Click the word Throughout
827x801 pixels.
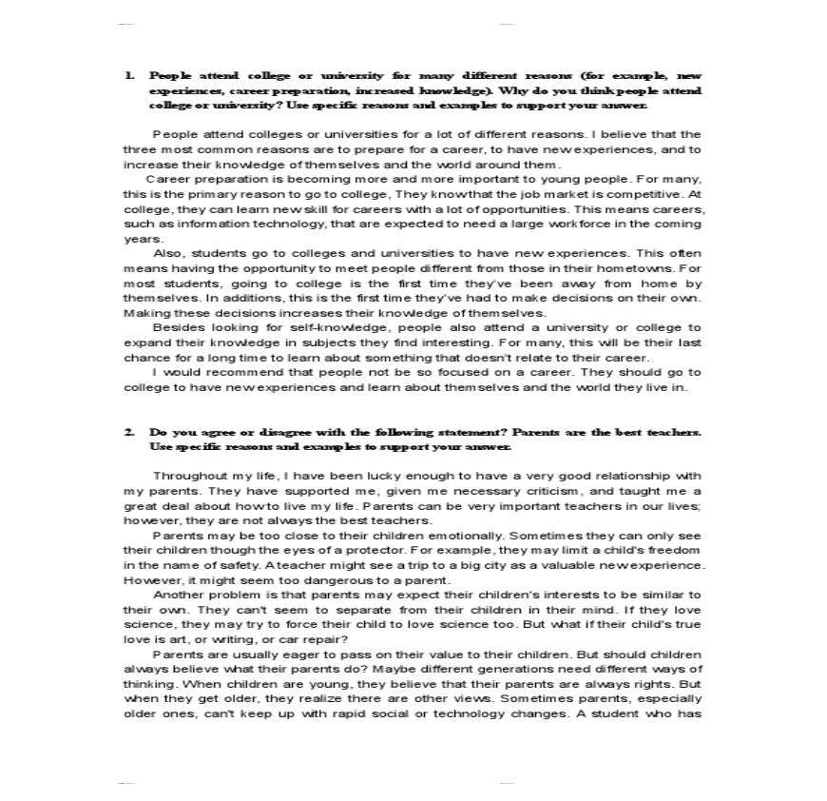[188, 476]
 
